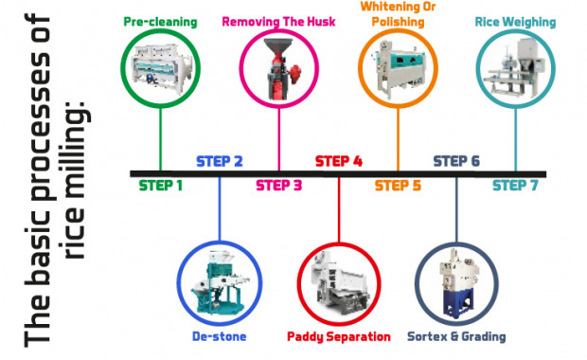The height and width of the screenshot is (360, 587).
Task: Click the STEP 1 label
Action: click(160, 186)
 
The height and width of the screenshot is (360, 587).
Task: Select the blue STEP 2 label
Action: click(220, 161)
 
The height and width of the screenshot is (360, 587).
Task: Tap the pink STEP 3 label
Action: click(278, 186)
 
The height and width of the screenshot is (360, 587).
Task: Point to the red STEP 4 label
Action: click(338, 161)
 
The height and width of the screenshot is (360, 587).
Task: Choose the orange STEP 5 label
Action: click(398, 186)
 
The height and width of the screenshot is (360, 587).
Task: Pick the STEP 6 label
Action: click(456, 161)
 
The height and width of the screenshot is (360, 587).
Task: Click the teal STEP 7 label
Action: click(516, 186)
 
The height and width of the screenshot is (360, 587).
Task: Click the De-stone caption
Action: click(219, 335)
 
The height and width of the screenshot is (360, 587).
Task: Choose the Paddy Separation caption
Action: click(338, 336)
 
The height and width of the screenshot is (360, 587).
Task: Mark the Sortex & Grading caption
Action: click(456, 336)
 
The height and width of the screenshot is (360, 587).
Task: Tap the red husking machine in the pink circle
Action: click(278, 69)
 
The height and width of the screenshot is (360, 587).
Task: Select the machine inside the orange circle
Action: click(398, 69)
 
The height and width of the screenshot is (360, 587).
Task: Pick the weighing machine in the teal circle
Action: click(516, 69)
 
